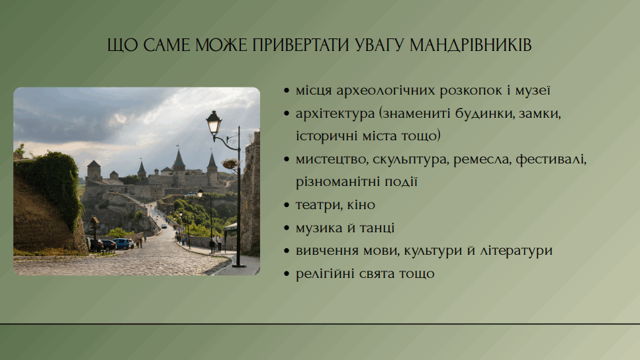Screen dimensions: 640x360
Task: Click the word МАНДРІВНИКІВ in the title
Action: click(x=471, y=45)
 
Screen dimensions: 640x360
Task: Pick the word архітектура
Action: click(x=335, y=113)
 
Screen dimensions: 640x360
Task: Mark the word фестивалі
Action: click(x=551, y=159)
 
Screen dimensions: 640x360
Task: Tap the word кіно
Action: click(x=361, y=204)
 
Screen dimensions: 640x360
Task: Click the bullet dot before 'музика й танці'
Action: click(x=287, y=228)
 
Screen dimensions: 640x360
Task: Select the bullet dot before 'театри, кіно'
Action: click(x=287, y=205)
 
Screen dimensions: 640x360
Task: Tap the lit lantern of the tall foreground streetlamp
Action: click(x=214, y=122)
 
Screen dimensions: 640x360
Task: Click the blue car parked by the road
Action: click(x=123, y=244)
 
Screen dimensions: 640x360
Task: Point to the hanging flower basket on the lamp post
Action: click(x=230, y=163)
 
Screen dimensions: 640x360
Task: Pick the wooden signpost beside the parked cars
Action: click(x=95, y=233)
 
